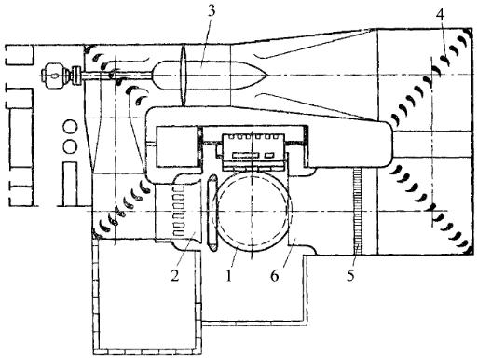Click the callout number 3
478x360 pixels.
point(211,11)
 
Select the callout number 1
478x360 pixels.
point(229,275)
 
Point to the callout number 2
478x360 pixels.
point(175,275)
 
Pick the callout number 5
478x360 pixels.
point(350,275)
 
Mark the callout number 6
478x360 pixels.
point(275,275)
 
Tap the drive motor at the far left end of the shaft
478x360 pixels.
point(55,76)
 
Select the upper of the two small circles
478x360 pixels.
point(70,128)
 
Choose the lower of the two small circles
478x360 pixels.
point(70,145)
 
